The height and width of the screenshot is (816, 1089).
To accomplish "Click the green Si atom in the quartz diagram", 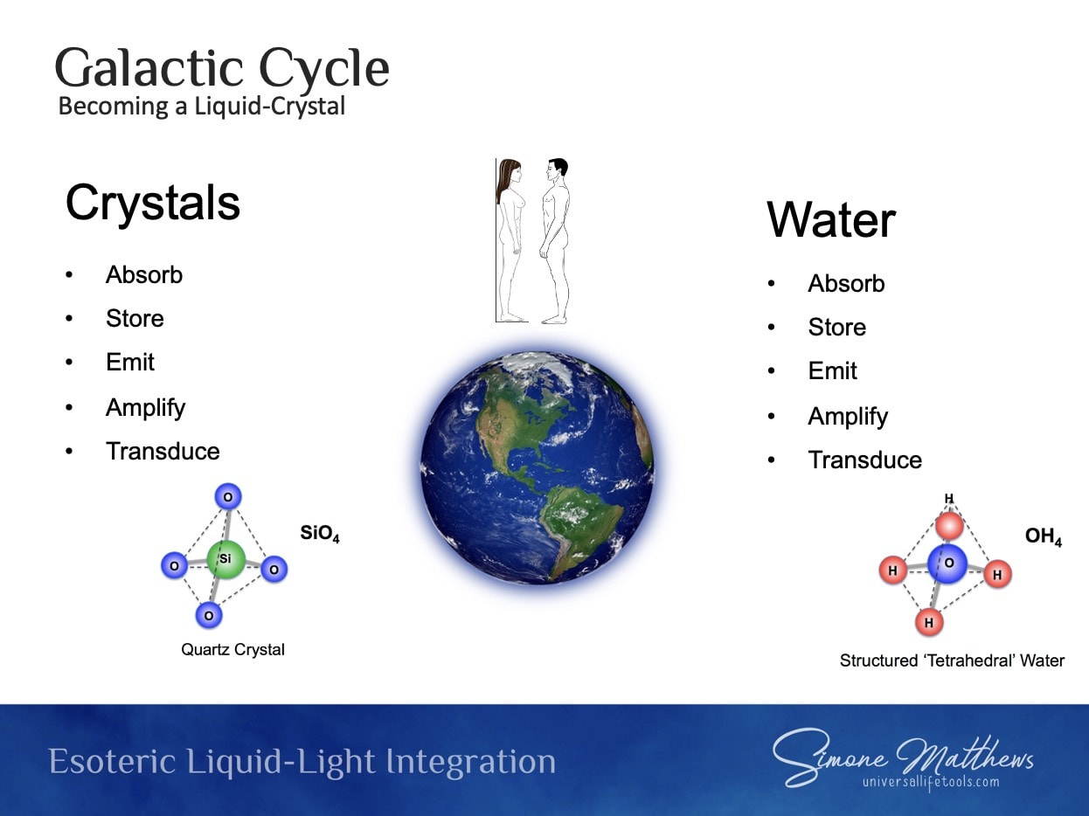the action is point(226,560).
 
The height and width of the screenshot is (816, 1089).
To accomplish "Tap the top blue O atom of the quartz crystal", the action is point(228,497).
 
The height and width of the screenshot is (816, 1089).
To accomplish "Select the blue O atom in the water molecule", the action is point(947,564).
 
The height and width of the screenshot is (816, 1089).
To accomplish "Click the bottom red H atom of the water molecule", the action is point(929,623).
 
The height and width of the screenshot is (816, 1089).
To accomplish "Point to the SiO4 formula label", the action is point(320,534).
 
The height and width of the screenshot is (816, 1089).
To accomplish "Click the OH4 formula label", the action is point(1044,537).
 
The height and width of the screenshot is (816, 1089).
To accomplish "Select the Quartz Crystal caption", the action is point(232,650).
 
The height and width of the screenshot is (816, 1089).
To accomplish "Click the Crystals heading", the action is point(153,203).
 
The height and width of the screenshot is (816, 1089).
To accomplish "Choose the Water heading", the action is point(831,220).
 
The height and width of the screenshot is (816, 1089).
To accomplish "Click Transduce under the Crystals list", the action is point(163,451).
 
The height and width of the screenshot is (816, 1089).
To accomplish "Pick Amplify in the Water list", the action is point(848,417).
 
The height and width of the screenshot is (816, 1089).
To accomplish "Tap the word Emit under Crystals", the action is point(130,362).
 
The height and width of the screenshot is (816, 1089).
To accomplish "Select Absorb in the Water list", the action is point(846,284).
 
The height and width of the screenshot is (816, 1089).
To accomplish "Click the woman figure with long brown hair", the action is point(510,241).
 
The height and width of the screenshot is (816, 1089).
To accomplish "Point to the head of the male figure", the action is point(558,170).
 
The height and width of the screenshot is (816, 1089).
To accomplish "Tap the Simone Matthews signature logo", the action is point(903,756).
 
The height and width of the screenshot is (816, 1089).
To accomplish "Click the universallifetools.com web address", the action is point(931,782).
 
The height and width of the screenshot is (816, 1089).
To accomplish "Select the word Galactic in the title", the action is point(149,68).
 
